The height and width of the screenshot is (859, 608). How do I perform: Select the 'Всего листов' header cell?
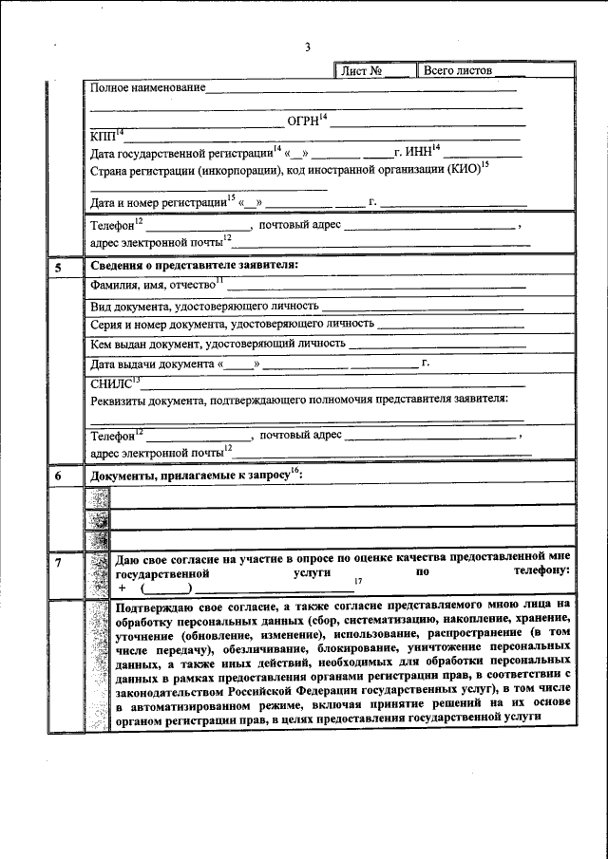tap(458, 71)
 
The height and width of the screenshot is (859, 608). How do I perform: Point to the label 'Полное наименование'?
tap(147, 88)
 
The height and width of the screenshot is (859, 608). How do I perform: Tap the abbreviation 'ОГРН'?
tap(303, 122)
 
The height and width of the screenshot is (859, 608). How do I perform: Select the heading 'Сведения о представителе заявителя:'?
tap(194, 265)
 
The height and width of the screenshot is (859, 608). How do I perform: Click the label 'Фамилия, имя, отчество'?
tap(152, 285)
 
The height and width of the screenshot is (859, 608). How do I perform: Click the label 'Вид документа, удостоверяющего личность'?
tap(204, 307)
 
